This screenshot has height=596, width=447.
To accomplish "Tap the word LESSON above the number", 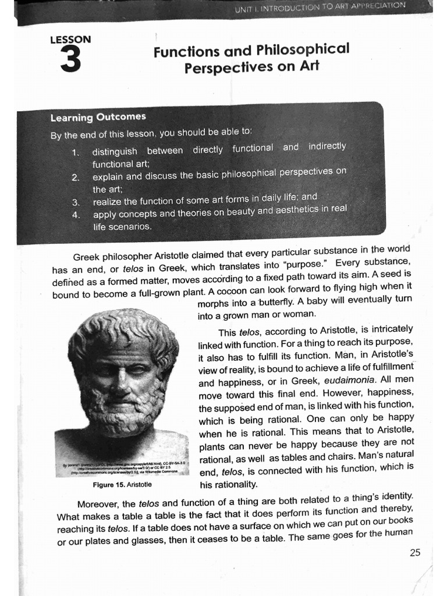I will pos(70,40).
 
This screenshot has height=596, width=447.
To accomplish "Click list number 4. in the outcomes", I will pos(75,215).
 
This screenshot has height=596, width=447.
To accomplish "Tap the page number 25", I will pos(415,553).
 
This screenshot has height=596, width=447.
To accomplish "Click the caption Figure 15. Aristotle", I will pos(122,484).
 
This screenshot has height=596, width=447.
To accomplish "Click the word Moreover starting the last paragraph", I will pos(98,504).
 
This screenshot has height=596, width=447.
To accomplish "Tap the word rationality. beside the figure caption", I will pos(228,484).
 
